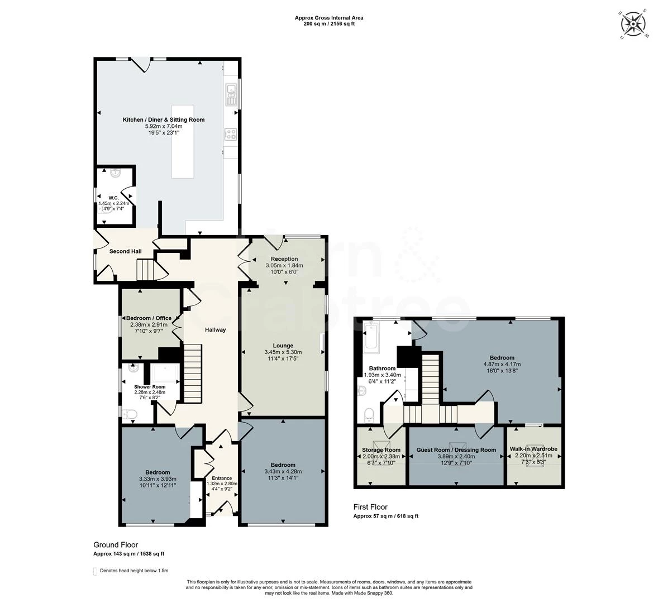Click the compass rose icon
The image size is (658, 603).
pos(632,25)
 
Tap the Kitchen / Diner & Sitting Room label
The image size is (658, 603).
pos(164,119)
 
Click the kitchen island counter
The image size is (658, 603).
pos(183,142)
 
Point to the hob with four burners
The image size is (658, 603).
pos(231,134)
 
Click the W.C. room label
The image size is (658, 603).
pos(114,198)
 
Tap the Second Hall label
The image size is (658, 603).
pos(126,252)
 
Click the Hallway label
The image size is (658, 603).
pos(215,330)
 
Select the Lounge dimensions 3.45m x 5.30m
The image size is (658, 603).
pos(283,352)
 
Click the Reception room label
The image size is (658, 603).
pos(284,259)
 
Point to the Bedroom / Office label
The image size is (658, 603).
pos(149,318)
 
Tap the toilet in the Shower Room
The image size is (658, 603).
pos(131,414)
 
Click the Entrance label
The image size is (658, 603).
pos(222,478)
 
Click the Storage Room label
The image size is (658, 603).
pos(381,450)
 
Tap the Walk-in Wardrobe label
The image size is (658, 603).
pos(533,449)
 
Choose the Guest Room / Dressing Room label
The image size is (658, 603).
pos(456,450)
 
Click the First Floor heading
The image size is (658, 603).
pos(370,507)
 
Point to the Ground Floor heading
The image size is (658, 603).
pos(116,545)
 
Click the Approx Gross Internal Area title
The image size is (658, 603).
pos(329,18)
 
